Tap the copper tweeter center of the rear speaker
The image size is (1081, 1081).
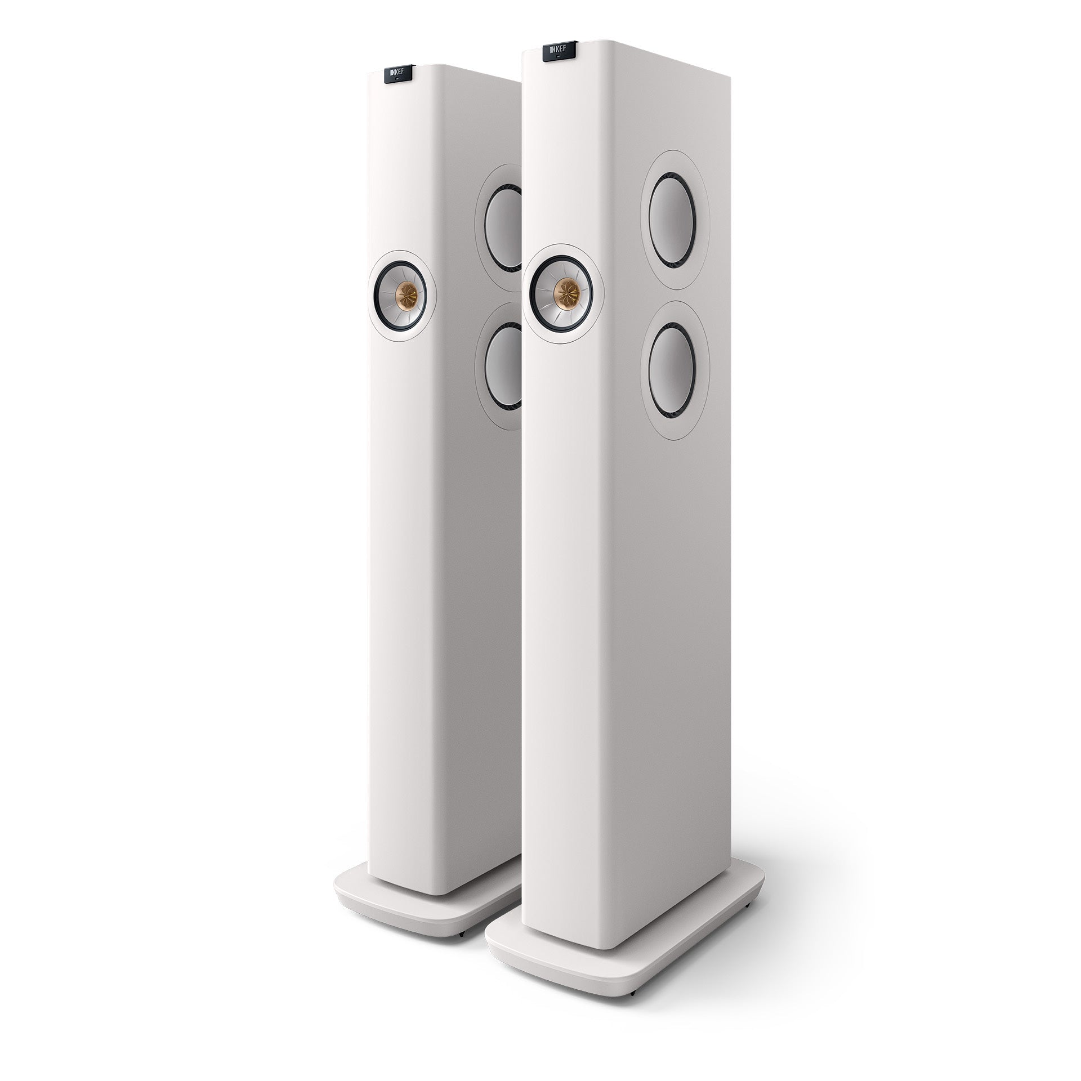pyautogui.click(x=405, y=293)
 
